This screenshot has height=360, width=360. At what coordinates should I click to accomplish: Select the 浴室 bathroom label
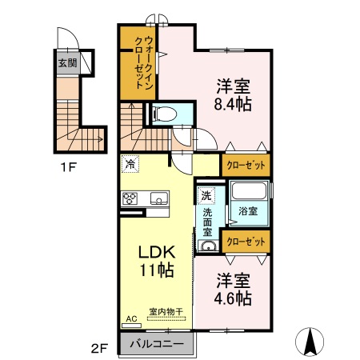(247, 211)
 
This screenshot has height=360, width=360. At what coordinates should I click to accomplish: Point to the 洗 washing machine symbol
(206, 195)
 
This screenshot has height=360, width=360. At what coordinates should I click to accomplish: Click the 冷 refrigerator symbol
(130, 164)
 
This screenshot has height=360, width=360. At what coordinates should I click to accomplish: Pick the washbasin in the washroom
(207, 246)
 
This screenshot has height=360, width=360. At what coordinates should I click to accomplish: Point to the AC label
(130, 318)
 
